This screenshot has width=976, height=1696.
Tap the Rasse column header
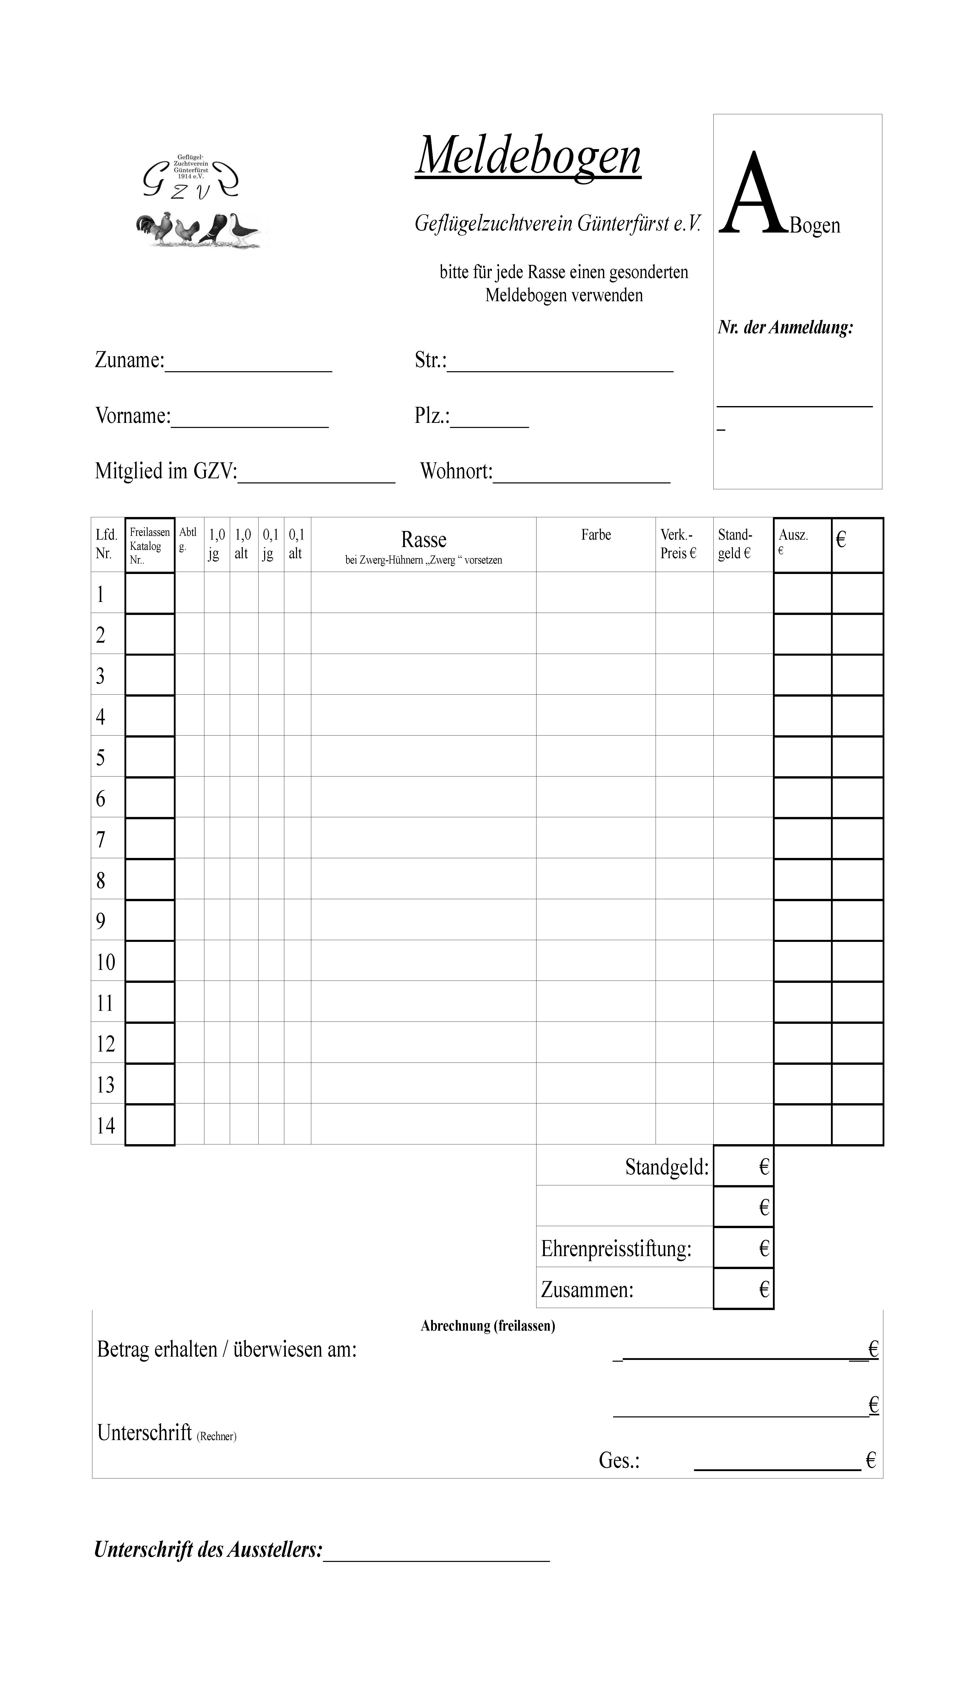[x=424, y=540]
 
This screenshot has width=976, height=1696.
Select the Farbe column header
[x=596, y=535]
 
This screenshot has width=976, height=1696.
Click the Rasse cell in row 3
[x=424, y=675]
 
